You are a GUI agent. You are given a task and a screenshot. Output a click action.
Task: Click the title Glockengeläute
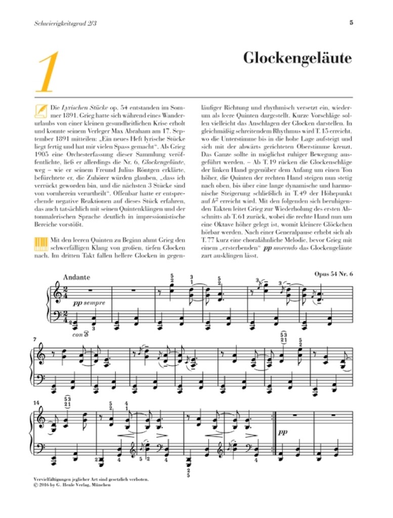coord(297,59)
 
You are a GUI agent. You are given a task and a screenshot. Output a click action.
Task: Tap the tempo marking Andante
coord(77,277)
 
